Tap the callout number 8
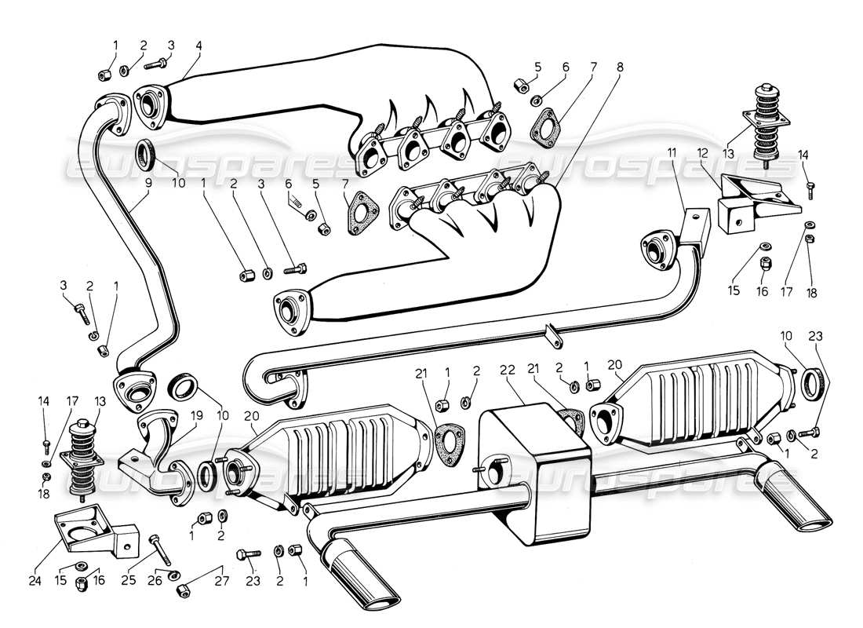tap(620, 68)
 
